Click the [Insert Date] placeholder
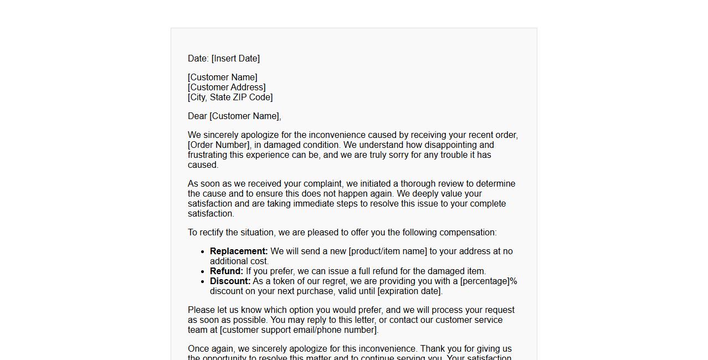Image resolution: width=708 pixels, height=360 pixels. click(x=235, y=59)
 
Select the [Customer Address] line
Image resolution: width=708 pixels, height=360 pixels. click(x=227, y=88)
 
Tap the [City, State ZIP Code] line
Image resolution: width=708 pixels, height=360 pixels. click(x=230, y=97)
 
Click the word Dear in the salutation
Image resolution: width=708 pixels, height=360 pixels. click(x=197, y=116)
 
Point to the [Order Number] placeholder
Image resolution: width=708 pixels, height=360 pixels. click(x=218, y=145)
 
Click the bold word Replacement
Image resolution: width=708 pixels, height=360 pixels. click(x=239, y=251)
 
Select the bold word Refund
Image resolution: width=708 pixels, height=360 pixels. click(x=226, y=271)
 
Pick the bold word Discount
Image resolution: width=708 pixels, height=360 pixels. click(x=230, y=281)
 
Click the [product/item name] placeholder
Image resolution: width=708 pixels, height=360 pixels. click(x=388, y=251)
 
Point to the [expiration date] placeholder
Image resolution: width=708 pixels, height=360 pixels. click(x=409, y=291)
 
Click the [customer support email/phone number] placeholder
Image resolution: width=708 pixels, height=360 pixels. click(x=299, y=330)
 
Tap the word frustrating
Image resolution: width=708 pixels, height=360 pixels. click(x=208, y=155)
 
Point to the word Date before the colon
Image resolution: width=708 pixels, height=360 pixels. click(x=197, y=59)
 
